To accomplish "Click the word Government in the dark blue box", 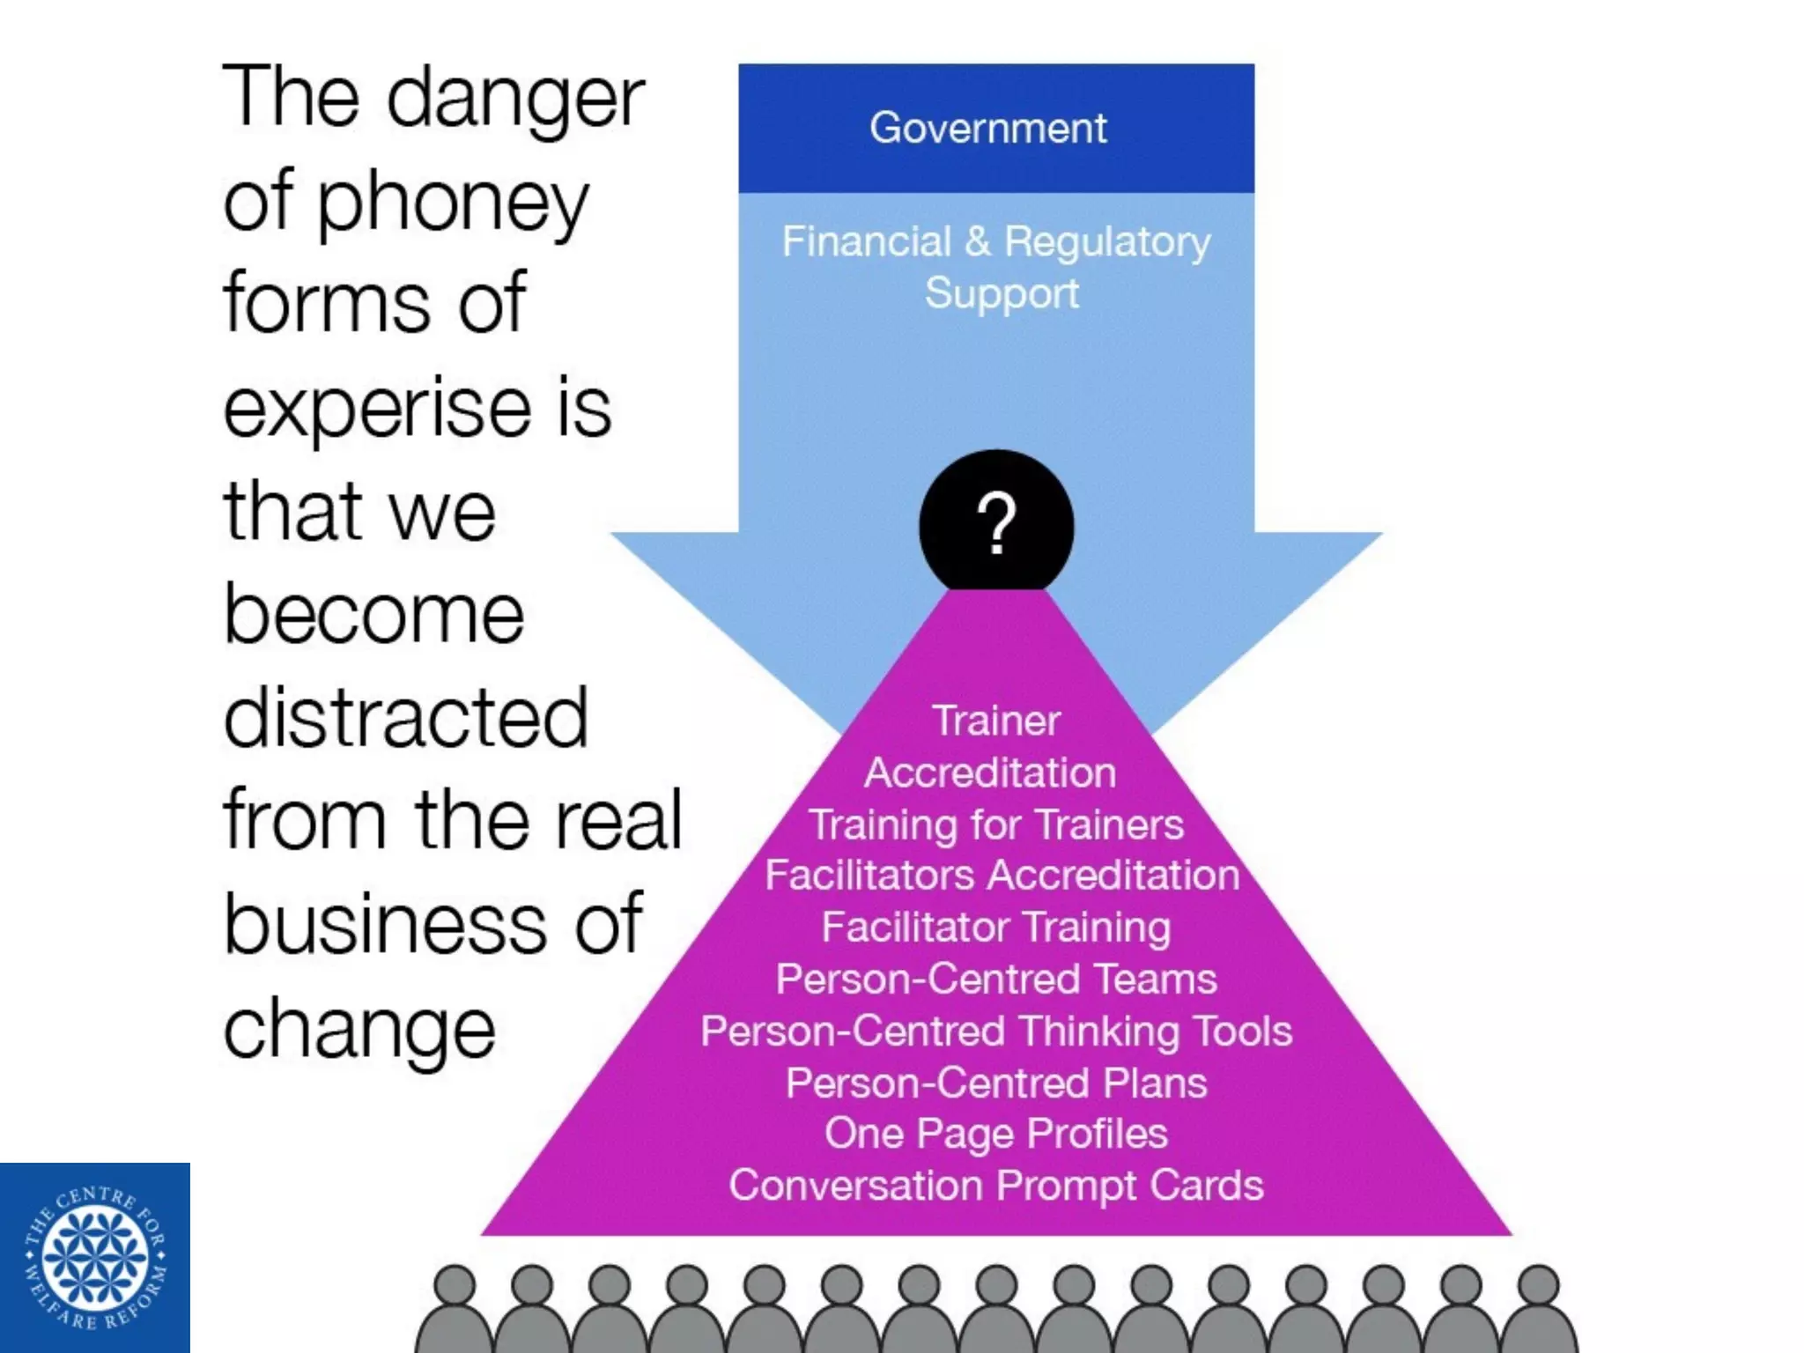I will coord(987,129).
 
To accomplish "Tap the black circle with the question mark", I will coord(996,525).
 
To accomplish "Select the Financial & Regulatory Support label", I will coord(996,267).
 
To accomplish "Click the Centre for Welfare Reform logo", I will coord(95,1258).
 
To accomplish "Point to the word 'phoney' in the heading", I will coord(452,204).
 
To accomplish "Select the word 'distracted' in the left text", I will coord(405,718).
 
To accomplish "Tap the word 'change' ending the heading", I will coord(359,1029).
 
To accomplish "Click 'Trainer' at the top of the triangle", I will coord(996,721).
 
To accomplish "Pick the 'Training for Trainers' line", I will coord(996,824).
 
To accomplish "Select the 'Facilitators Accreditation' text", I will coord(1002,876).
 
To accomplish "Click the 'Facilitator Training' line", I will coord(996,927).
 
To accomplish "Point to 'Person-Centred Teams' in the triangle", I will coord(996,979).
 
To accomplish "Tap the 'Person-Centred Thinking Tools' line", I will coord(996,1031).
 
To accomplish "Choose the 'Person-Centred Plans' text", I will coord(996,1083).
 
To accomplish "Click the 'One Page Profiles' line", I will coord(996,1134).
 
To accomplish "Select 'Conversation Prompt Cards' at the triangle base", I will coord(996,1186).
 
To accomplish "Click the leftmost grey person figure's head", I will coord(455,1284).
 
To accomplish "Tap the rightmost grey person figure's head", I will coord(1539,1284).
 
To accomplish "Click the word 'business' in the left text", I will coord(386,925).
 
